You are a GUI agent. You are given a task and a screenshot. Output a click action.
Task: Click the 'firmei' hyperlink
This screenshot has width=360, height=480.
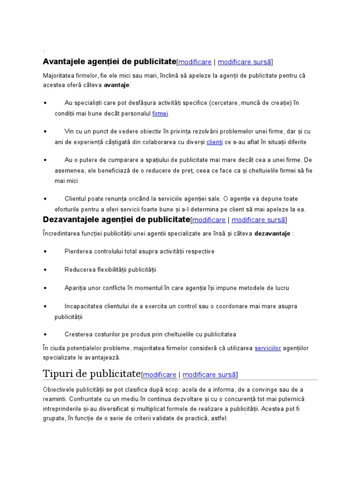coord(160,113)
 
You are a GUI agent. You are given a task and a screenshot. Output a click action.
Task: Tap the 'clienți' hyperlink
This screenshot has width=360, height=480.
coord(214,142)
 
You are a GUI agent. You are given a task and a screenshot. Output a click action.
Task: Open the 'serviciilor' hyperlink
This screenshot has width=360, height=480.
coord(268,348)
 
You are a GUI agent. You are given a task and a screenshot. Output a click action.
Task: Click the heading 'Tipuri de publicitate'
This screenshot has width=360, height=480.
coord(91,374)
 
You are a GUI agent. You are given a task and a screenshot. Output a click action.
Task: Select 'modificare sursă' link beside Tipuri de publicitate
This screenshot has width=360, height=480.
coord(209,375)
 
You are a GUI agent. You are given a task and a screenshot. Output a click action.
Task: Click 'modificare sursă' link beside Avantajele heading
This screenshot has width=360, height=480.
coord(244,62)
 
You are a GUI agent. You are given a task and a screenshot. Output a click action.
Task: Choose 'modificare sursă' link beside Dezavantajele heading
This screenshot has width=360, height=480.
coord(258,220)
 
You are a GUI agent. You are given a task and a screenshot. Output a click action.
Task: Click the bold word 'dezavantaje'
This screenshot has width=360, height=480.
coord(272,233)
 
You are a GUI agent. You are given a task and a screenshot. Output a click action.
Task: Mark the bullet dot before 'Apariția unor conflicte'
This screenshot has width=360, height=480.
coord(45,288)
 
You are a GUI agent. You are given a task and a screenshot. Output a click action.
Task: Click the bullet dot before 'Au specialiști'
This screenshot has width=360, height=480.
coord(45,103)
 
